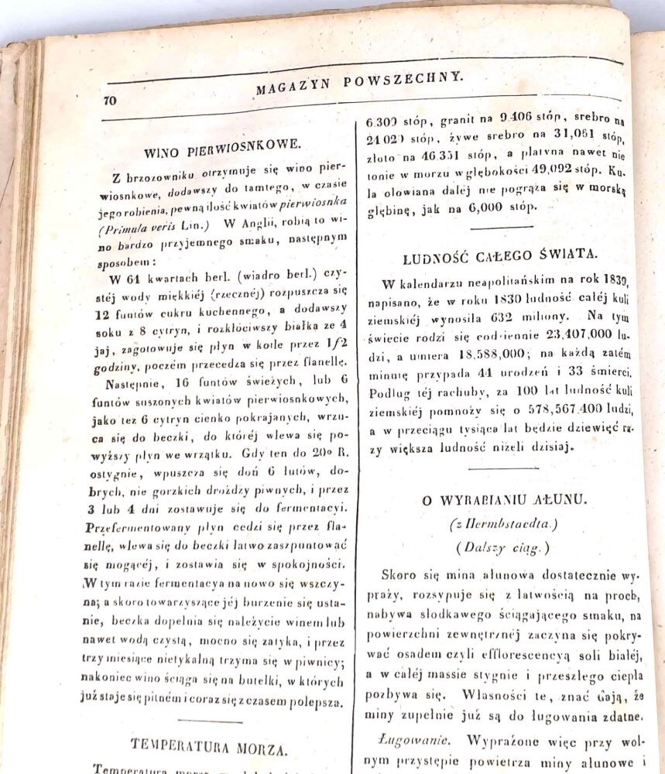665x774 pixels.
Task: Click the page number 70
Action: pos(108,100)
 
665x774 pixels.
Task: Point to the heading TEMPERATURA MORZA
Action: pos(210,747)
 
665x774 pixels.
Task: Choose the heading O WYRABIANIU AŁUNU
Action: pos(505,500)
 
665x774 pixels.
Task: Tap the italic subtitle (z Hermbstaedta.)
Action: pos(504,524)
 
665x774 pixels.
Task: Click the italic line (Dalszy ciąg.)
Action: pos(503,548)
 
